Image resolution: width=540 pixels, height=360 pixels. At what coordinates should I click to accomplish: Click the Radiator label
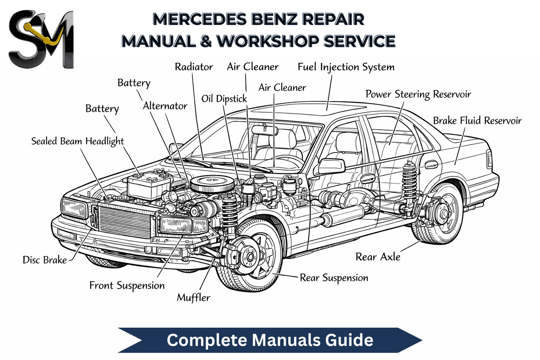(194, 67)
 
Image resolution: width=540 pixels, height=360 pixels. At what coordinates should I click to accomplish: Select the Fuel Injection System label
(346, 67)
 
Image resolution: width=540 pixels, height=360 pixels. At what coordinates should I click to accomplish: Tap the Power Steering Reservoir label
(418, 94)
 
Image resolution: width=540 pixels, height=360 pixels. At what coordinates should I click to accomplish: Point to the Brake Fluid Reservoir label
(477, 121)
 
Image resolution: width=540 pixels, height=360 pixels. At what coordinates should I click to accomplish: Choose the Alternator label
(165, 106)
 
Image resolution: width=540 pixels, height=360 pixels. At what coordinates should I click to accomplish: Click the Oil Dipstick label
(224, 99)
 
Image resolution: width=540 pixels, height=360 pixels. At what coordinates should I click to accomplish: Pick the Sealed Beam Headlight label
(77, 141)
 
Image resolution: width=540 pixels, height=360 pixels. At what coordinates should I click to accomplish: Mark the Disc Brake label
(45, 260)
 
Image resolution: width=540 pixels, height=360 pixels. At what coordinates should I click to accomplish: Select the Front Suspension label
(127, 286)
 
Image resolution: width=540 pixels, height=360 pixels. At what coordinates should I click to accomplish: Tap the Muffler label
(193, 298)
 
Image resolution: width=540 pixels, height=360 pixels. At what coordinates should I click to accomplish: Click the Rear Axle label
(378, 257)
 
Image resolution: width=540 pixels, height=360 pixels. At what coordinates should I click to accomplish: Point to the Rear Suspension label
(334, 278)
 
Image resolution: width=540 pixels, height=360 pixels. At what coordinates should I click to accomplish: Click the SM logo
(41, 39)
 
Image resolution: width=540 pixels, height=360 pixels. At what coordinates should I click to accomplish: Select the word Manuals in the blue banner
(287, 340)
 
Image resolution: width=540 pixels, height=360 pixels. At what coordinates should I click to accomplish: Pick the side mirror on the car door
(332, 166)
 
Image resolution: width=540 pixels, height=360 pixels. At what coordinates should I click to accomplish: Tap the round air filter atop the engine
(209, 183)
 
